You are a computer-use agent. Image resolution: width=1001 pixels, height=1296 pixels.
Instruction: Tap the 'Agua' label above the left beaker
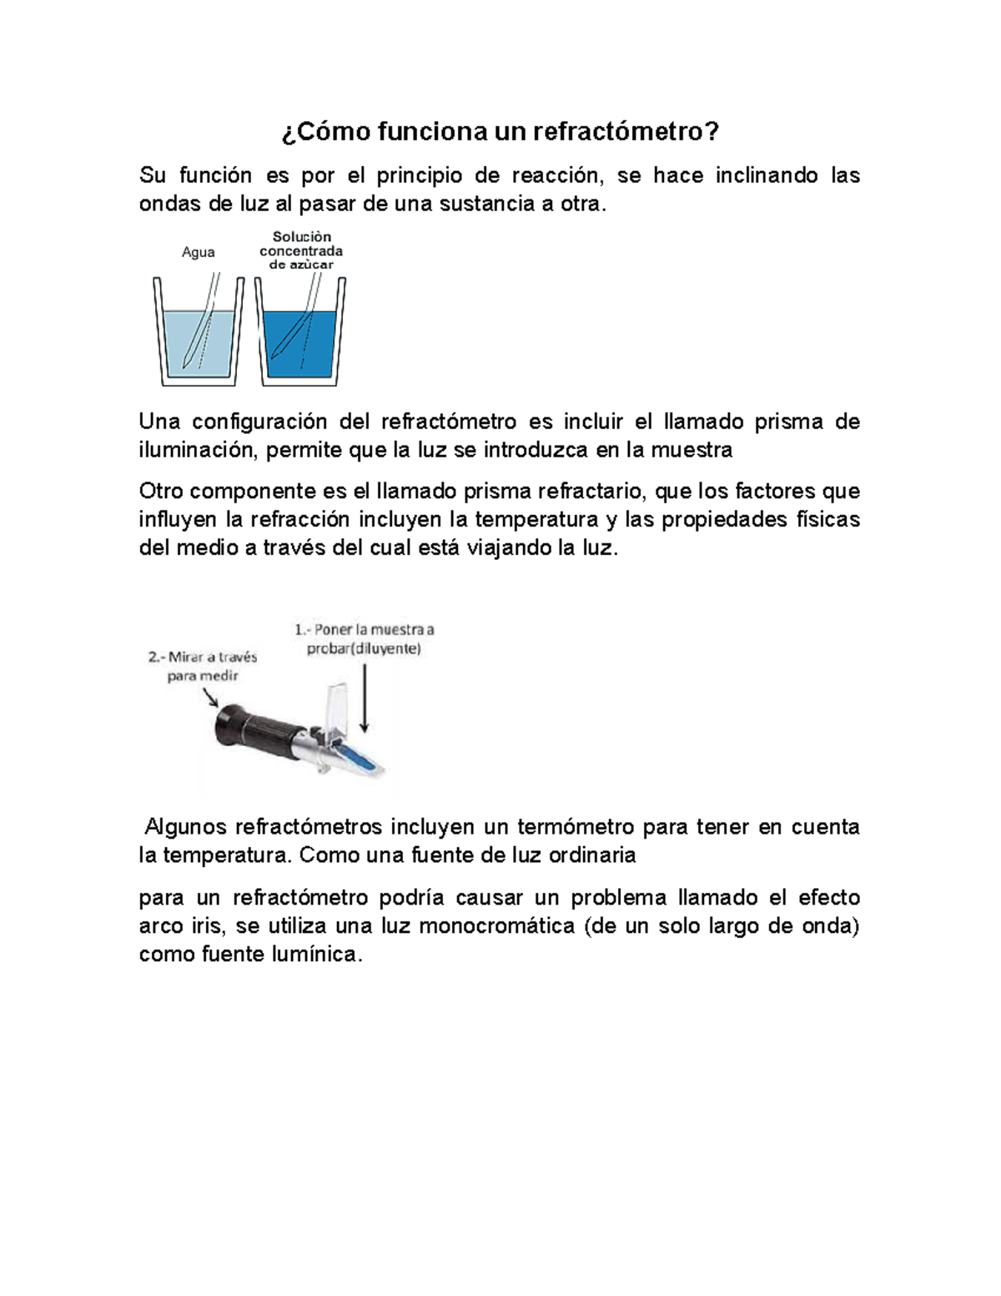point(199,252)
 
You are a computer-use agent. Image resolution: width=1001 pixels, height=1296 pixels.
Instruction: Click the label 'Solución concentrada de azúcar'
point(301,250)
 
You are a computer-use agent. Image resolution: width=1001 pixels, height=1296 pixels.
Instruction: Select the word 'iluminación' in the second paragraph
point(198,451)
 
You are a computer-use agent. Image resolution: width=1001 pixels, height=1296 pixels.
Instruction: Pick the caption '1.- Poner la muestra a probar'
point(364,638)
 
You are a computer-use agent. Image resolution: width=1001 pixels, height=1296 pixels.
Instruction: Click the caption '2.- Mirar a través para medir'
point(203,666)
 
